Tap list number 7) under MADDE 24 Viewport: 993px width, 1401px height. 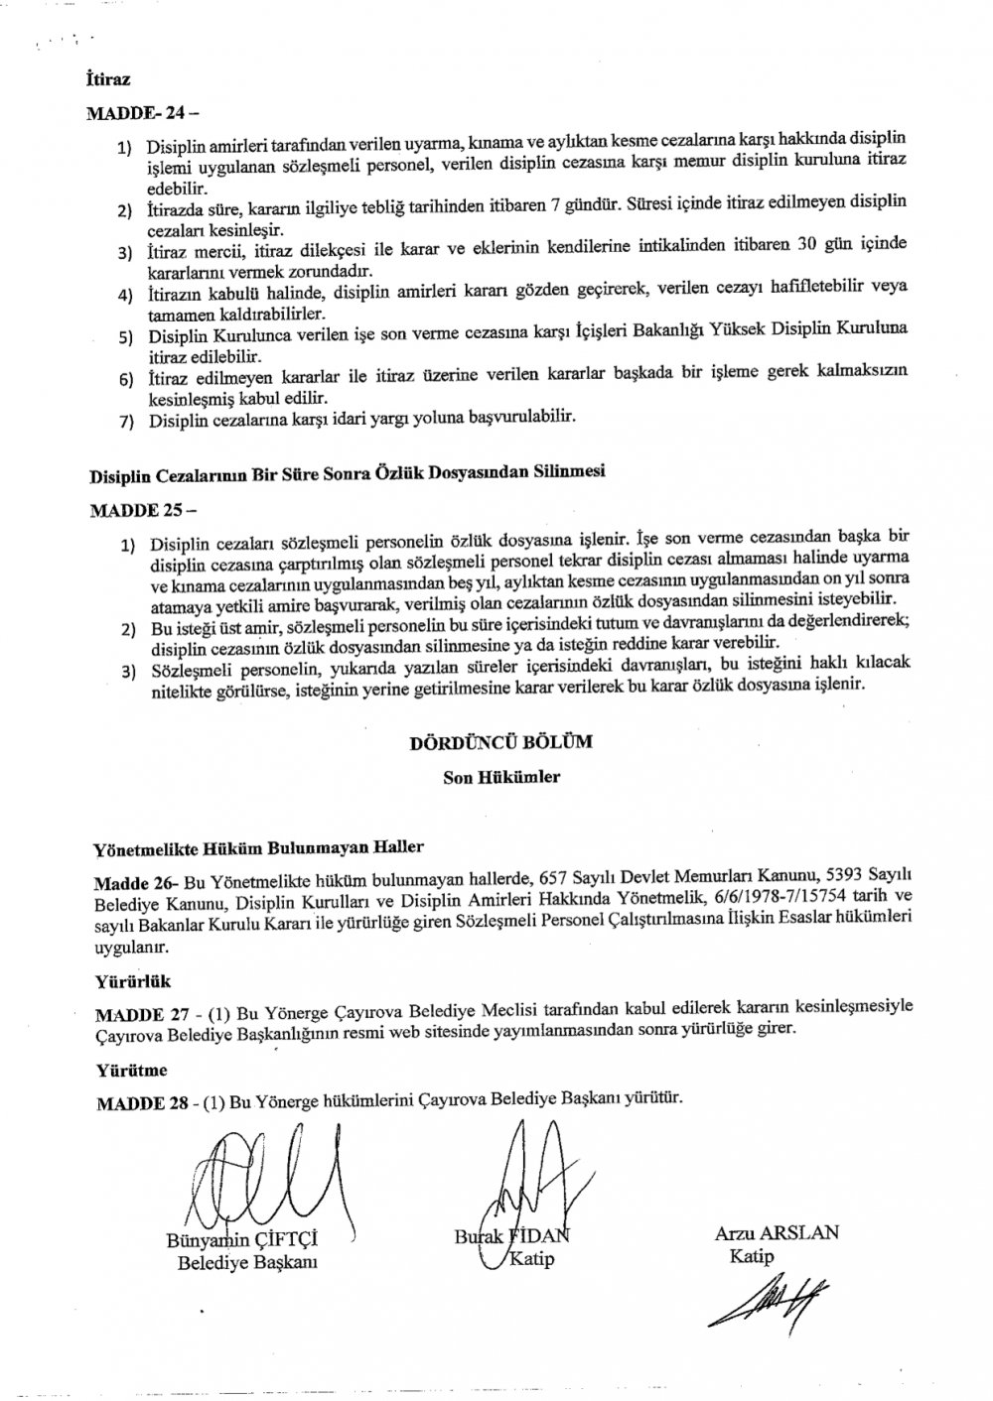tap(126, 421)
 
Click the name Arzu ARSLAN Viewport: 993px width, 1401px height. tap(777, 1233)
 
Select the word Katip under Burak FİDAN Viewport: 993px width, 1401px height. tap(530, 1260)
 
